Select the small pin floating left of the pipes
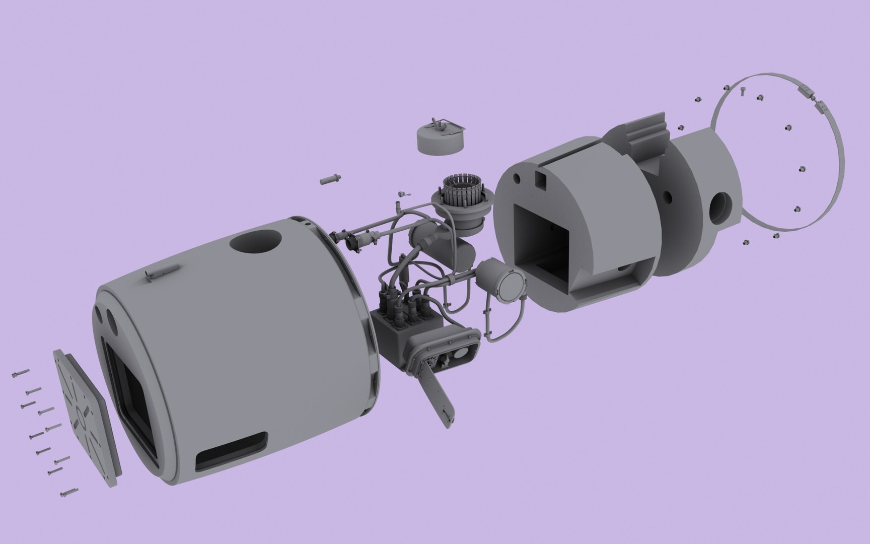click(x=329, y=179)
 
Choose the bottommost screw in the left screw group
click(x=67, y=493)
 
